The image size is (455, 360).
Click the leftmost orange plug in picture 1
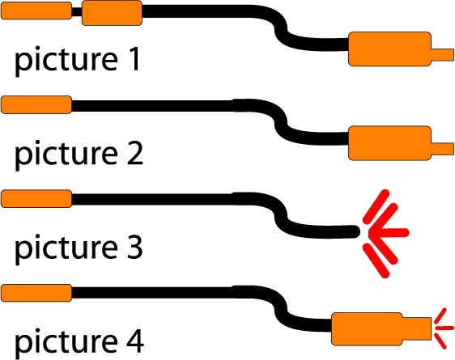coord(36,11)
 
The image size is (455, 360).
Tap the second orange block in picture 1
coord(112,13)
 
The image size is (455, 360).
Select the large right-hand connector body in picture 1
coord(389,49)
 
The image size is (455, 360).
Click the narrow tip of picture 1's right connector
coord(443,55)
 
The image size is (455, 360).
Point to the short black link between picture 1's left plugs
coord(77,12)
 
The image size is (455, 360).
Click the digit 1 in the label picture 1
coord(134,60)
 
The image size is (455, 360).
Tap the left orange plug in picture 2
coord(36,104)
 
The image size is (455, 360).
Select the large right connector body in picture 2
coord(389,143)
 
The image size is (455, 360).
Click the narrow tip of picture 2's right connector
coord(443,149)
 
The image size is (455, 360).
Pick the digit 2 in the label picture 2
coord(135,154)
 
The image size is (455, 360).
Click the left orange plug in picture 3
coord(36,199)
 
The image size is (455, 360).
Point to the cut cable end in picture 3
coord(355,231)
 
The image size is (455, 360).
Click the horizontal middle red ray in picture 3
coord(389,232)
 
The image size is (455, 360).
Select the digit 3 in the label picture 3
coord(135,248)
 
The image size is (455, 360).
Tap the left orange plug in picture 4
coord(36,293)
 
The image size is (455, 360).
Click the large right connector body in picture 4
coord(367,329)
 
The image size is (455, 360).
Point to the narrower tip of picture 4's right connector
coord(417,329)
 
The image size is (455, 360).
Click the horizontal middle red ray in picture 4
coord(444,328)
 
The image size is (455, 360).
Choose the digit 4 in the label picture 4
coord(135,341)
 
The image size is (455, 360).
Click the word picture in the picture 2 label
coord(66,155)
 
